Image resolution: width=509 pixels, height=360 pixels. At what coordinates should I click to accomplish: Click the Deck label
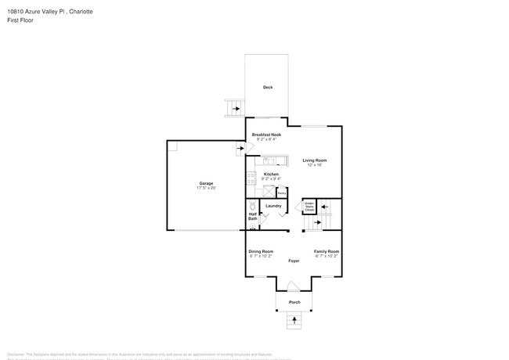click(268, 87)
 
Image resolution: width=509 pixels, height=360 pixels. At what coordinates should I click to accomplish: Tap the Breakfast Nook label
click(266, 135)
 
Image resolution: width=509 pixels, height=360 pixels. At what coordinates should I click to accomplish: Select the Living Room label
click(315, 160)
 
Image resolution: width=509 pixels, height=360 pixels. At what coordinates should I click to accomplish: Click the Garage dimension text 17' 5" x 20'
click(206, 188)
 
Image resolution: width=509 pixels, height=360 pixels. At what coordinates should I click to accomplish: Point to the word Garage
click(206, 183)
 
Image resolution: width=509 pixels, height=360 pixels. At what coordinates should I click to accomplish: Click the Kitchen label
click(271, 175)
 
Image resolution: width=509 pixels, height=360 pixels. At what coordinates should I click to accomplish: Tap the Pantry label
click(281, 193)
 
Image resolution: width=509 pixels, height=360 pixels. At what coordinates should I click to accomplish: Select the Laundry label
click(273, 206)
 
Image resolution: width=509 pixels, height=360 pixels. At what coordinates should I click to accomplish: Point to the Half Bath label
click(252, 216)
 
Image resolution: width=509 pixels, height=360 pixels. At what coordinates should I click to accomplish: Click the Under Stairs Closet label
click(309, 207)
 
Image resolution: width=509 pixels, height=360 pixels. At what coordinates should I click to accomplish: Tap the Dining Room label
click(261, 251)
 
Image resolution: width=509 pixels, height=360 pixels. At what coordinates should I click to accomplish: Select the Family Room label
click(327, 251)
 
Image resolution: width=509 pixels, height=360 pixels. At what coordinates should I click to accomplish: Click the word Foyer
click(294, 261)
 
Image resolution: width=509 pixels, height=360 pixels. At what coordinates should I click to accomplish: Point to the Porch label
click(294, 302)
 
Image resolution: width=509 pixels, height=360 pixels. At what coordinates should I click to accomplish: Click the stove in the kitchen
click(251, 178)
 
